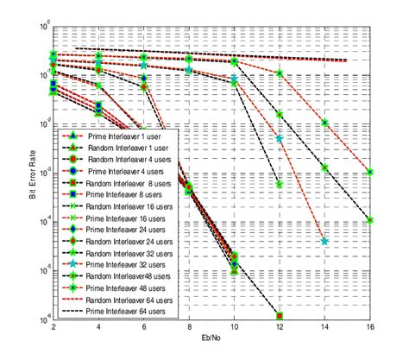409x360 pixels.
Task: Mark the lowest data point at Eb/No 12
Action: (x=280, y=316)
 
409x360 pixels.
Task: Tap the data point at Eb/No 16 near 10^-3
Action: (x=369, y=172)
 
